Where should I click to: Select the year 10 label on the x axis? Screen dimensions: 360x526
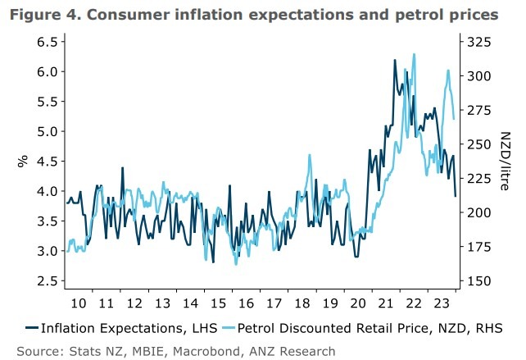(79, 302)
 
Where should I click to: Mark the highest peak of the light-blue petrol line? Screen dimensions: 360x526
(415, 54)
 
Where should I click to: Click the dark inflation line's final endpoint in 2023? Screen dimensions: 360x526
(456, 196)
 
